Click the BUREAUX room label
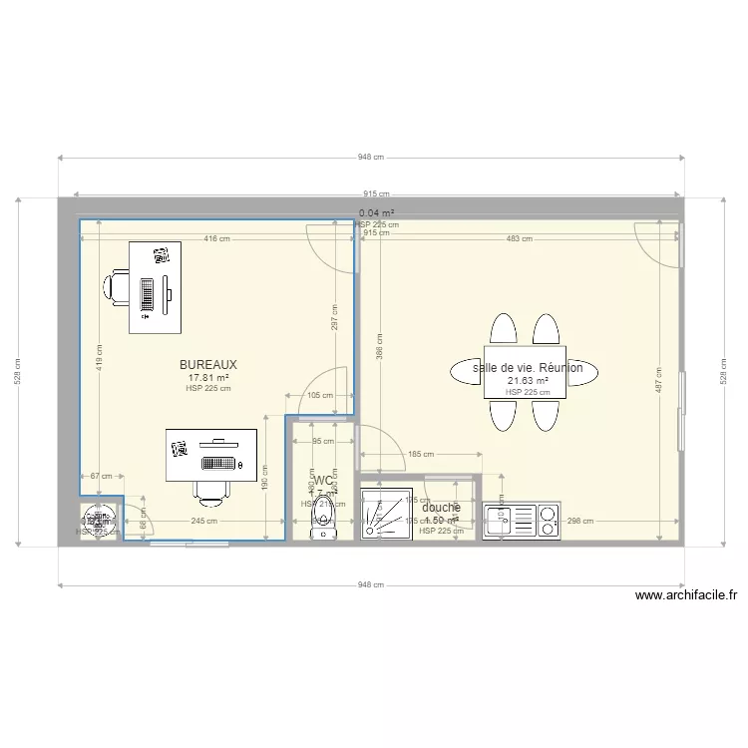[208, 365]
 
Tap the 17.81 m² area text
[208, 378]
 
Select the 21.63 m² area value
[528, 381]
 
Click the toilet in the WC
[323, 519]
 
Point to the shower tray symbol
[384, 514]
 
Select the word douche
[441, 508]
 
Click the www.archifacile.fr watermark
[686, 596]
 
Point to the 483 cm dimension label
[519, 239]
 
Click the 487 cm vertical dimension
[658, 389]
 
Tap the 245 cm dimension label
[204, 521]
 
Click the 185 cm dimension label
[421, 455]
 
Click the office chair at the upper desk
[116, 286]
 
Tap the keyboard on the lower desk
[220, 463]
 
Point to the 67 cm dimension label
[101, 477]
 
